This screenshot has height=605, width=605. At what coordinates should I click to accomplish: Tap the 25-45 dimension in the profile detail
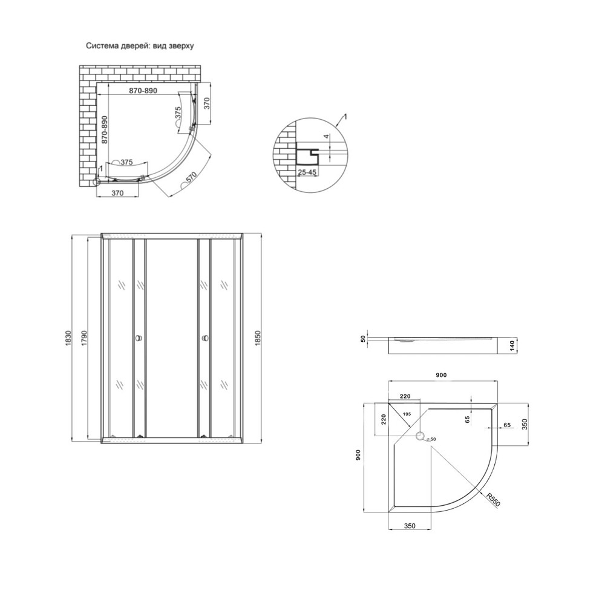(x=308, y=172)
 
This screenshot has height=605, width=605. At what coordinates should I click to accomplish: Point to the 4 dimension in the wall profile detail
(x=326, y=137)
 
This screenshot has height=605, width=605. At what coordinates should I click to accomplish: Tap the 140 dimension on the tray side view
(x=511, y=345)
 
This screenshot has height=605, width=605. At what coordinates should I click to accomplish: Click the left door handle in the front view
(x=139, y=338)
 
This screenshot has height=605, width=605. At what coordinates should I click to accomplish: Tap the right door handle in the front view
(x=204, y=338)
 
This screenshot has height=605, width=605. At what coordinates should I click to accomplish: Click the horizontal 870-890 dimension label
(x=143, y=91)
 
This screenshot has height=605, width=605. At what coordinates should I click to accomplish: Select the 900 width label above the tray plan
(x=441, y=376)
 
